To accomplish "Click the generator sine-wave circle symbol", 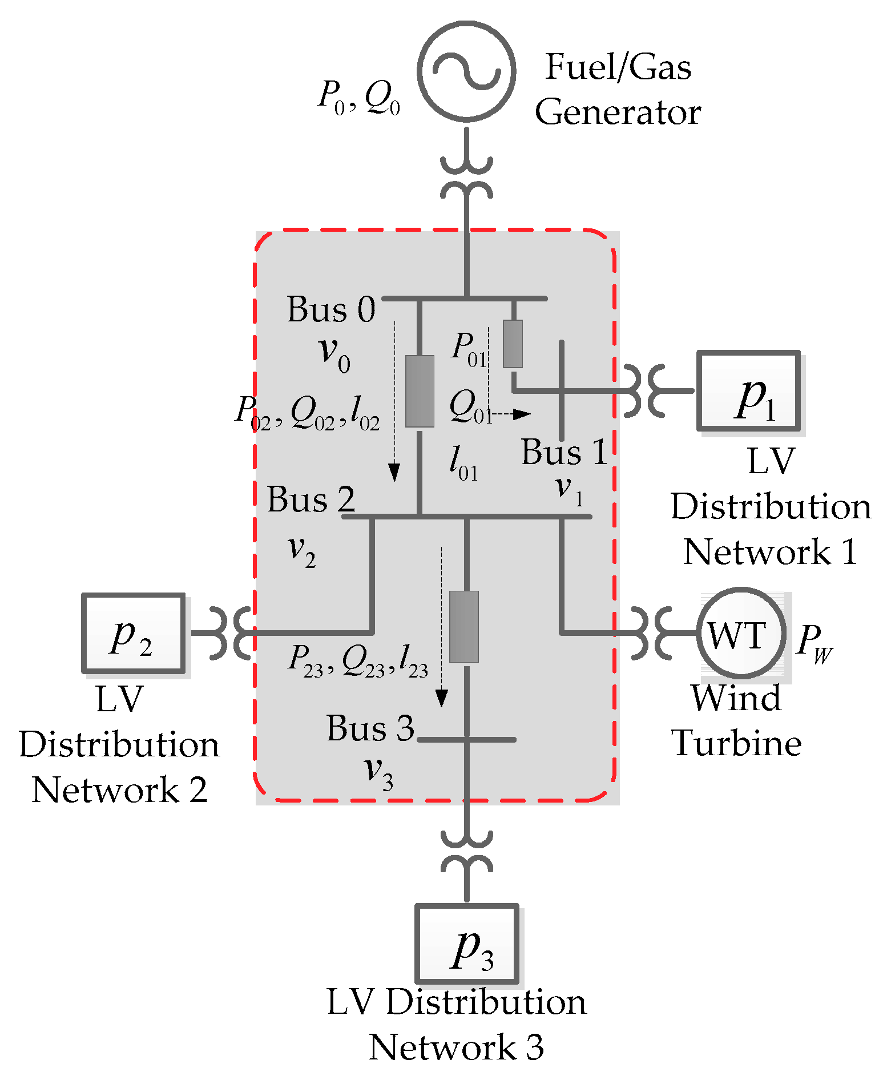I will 466,71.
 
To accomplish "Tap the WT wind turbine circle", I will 740,633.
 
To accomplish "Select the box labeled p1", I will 748,391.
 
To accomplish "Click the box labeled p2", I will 134,633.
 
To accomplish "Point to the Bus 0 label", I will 331,310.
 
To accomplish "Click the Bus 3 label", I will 370,728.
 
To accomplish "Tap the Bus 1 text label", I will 564,452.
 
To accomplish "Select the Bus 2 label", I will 311,499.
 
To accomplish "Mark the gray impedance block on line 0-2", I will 420,391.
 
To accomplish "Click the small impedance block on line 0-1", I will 513,344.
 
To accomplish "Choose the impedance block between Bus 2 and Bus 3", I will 463,626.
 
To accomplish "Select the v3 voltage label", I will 378,772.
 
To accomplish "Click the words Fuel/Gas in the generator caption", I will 618,67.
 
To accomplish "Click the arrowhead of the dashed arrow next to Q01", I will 522,414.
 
